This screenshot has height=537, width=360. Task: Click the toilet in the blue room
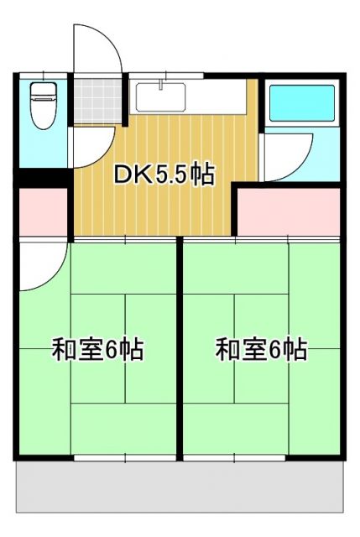tap(42, 108)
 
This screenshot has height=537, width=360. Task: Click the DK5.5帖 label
tap(165, 175)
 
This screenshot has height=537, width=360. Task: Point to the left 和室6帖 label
tap(98, 349)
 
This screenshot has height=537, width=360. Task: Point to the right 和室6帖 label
tap(261, 349)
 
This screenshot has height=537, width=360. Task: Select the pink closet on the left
tap(43, 213)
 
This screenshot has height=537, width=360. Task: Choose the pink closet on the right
tap(290, 214)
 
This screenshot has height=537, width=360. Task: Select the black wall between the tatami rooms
tap(180, 348)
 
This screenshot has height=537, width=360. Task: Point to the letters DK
tap(133, 175)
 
